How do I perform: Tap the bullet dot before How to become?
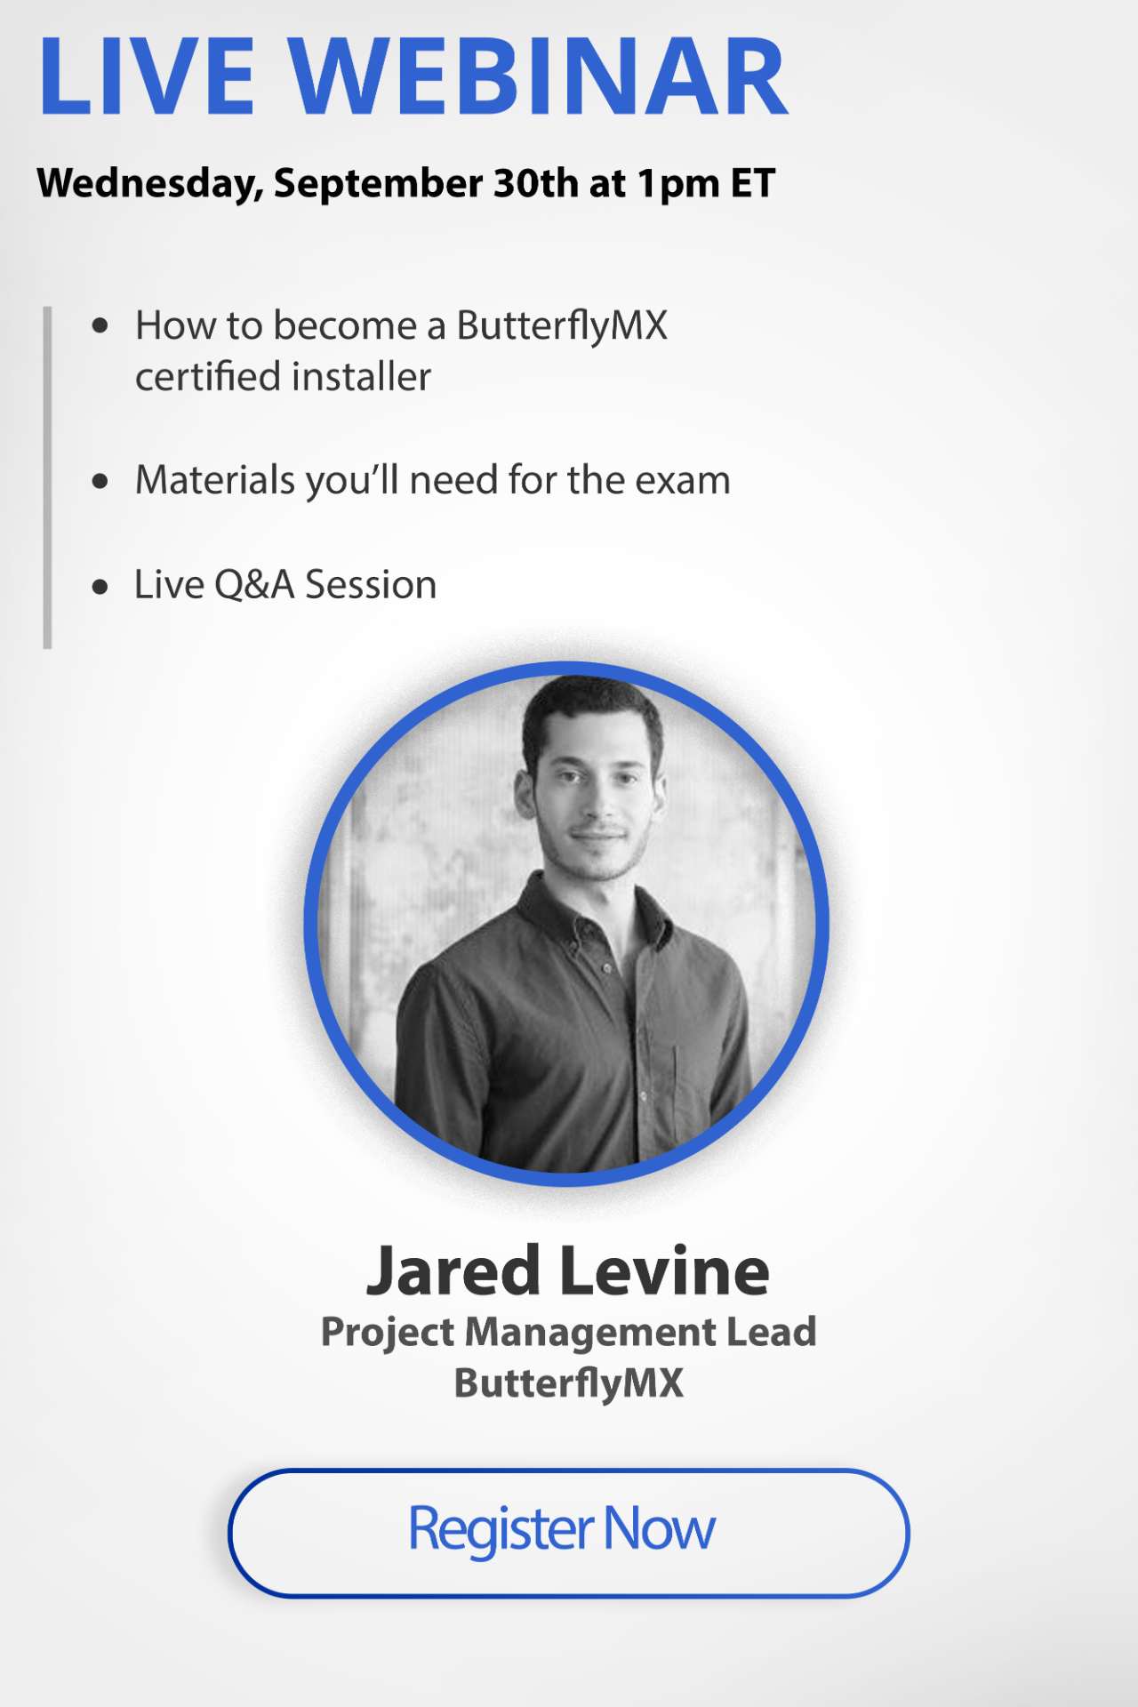(100, 326)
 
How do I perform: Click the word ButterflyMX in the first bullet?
(562, 326)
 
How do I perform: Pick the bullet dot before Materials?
(100, 482)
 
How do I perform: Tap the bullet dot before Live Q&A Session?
(100, 587)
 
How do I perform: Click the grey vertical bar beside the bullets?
(47, 477)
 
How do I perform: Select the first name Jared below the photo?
(453, 1271)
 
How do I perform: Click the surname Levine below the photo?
(666, 1271)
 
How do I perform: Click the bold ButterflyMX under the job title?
(569, 1383)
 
